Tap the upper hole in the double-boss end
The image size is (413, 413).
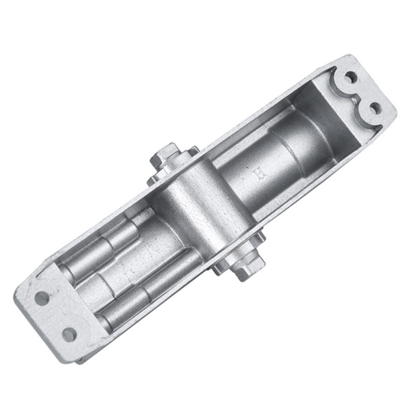coord(351,77)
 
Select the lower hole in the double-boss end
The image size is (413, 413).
coord(375,108)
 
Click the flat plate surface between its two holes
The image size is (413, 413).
coord(56,314)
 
